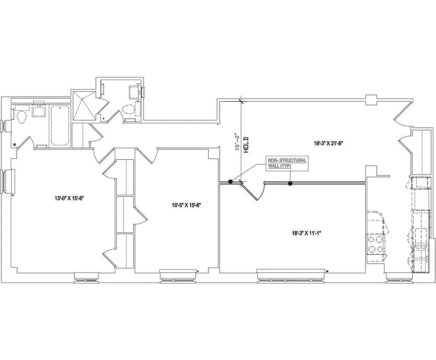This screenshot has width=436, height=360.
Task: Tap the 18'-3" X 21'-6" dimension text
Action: coord(328,144)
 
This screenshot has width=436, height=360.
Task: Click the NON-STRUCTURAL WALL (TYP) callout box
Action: coord(288,163)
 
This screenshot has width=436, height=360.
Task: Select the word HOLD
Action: coord(246,145)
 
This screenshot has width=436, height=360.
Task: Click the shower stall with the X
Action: coord(84,106)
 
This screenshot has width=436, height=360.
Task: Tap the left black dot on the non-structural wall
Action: coord(230,182)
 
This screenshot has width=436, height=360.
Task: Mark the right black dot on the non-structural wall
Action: coord(290,184)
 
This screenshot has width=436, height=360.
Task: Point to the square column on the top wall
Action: coord(371,100)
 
